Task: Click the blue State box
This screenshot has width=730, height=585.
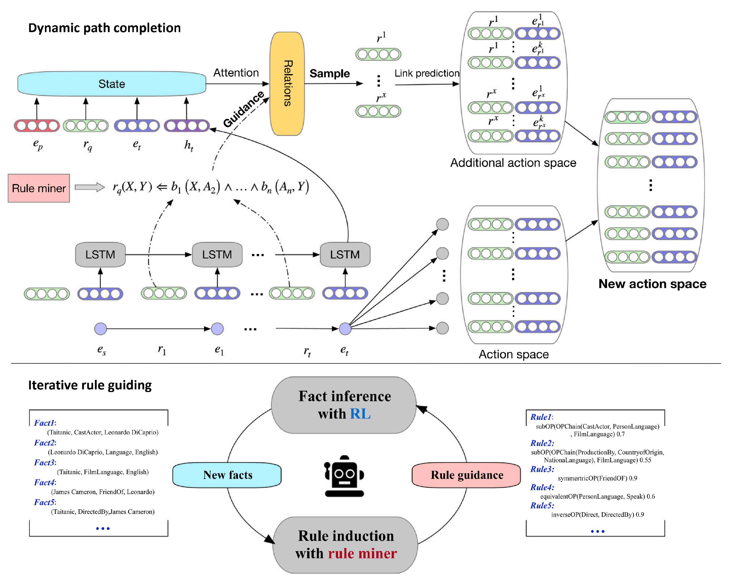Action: [x=112, y=84]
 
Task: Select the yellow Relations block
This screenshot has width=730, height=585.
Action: [x=287, y=84]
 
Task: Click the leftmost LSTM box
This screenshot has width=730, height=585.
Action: [x=100, y=254]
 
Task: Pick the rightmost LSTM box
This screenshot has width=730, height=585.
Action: [x=345, y=254]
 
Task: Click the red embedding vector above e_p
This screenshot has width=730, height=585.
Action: [x=37, y=126]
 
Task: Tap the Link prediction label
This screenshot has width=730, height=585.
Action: [x=427, y=73]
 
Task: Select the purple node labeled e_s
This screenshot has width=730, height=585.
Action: [x=100, y=328]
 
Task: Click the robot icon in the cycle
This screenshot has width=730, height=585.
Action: [x=344, y=476]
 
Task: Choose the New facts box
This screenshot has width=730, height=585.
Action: [x=227, y=475]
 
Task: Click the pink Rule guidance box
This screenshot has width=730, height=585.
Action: [x=466, y=475]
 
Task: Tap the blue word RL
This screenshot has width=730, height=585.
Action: [x=360, y=414]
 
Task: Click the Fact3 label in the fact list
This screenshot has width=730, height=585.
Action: [x=45, y=462]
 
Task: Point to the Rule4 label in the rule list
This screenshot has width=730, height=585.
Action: [x=542, y=487]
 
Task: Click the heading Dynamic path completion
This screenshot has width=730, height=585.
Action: [x=104, y=28]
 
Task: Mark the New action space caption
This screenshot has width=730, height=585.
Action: [x=652, y=284]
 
